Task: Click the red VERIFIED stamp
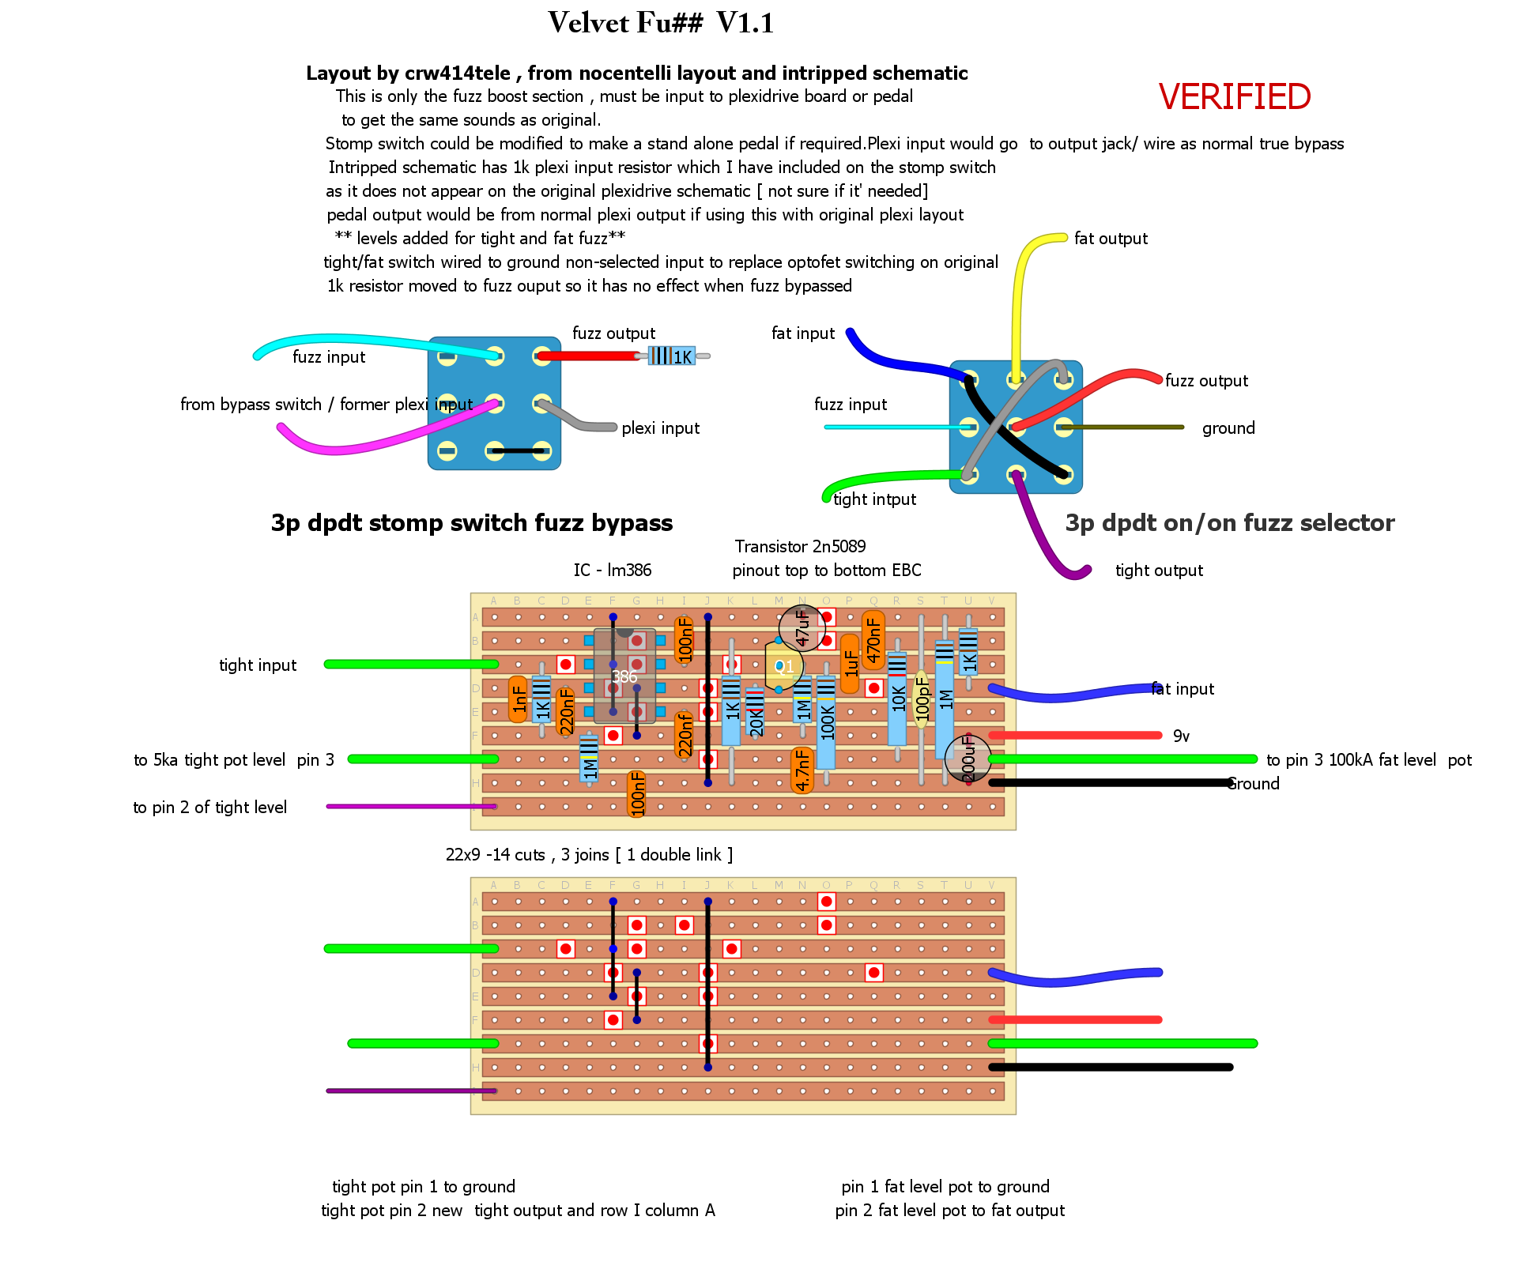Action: click(x=1234, y=97)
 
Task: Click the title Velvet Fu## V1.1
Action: click(x=661, y=23)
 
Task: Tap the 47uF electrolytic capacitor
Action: click(x=802, y=627)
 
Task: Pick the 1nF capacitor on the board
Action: click(x=519, y=699)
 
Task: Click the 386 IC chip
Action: click(x=624, y=676)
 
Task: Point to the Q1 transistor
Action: click(x=783, y=666)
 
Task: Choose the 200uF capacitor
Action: click(x=968, y=759)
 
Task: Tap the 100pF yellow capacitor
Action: click(x=921, y=700)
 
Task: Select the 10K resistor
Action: click(x=897, y=699)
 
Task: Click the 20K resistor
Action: click(x=755, y=711)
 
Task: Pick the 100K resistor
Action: click(x=826, y=721)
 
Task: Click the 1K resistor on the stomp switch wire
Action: click(x=672, y=356)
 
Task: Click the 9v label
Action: click(x=1181, y=736)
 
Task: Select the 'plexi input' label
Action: click(x=660, y=428)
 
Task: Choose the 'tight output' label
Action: click(x=1159, y=571)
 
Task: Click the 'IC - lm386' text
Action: click(x=613, y=571)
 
